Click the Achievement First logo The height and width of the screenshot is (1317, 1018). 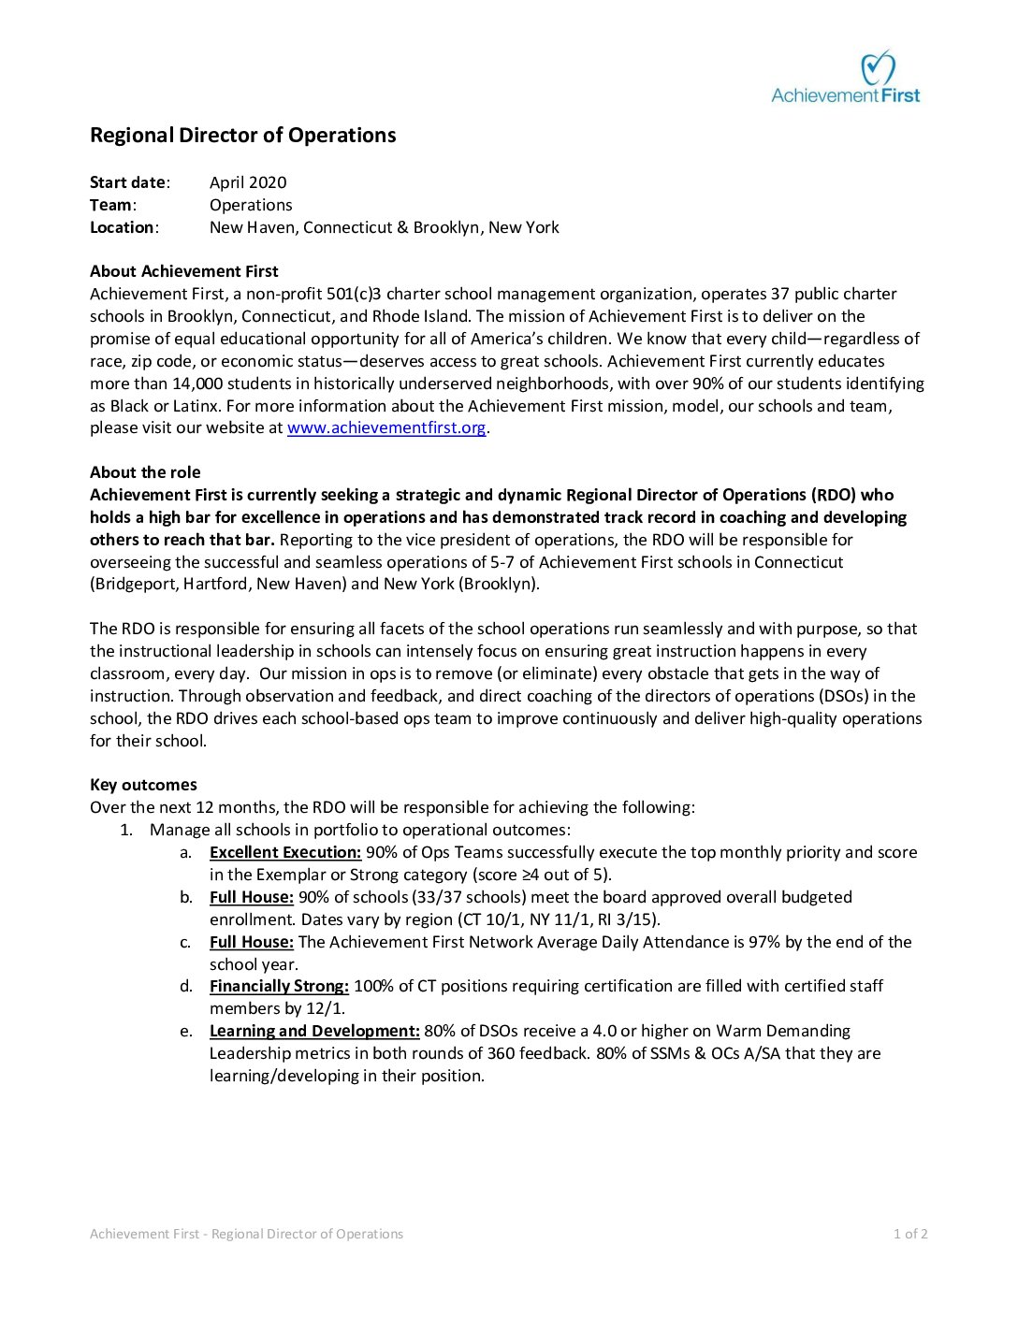pyautogui.click(x=846, y=78)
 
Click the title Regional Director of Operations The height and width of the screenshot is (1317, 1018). pyautogui.click(x=243, y=135)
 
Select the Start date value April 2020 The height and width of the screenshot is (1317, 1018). pyautogui.click(x=248, y=182)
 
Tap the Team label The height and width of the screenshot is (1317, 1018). pyautogui.click(x=111, y=205)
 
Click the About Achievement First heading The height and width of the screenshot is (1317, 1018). pyautogui.click(x=184, y=271)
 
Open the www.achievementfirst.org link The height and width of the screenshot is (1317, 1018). pyautogui.click(x=386, y=427)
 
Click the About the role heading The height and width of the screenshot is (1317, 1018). pyautogui.click(x=145, y=472)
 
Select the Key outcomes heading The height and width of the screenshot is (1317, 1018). pyautogui.click(x=143, y=785)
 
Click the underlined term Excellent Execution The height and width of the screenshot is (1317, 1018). pyautogui.click(x=285, y=852)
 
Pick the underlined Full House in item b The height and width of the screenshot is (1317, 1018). pyautogui.click(x=252, y=897)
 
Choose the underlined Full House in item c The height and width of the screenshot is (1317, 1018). pyautogui.click(x=252, y=942)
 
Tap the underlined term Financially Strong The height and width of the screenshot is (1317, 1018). pyautogui.click(x=279, y=986)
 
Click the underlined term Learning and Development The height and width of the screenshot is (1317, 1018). pyautogui.click(x=314, y=1031)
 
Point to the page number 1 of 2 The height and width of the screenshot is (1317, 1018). pyautogui.click(x=910, y=1234)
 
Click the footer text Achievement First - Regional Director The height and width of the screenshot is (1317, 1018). pyautogui.click(x=246, y=1234)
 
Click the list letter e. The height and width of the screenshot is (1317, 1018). pyautogui.click(x=186, y=1031)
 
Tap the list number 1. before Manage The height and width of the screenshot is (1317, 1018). pyautogui.click(x=126, y=830)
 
